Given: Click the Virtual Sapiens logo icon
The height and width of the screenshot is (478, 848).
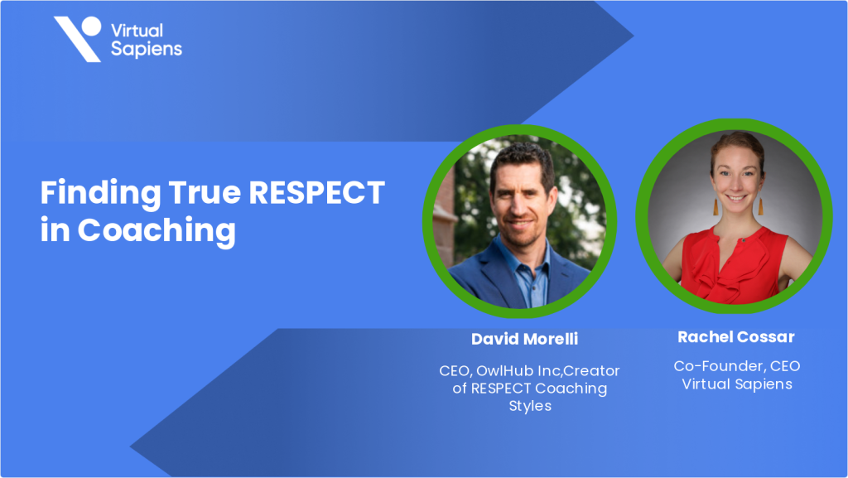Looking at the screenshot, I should coord(77,39).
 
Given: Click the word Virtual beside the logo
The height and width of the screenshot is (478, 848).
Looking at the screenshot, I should coord(137,31).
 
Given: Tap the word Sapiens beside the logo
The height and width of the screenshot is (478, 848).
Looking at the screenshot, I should coord(147,49).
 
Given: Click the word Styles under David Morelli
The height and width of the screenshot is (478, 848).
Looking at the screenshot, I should coord(530,407).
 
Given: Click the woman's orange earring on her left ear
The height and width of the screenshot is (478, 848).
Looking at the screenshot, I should coord(759,202).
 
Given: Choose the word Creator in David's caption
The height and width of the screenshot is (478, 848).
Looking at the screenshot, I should coord(591,370).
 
